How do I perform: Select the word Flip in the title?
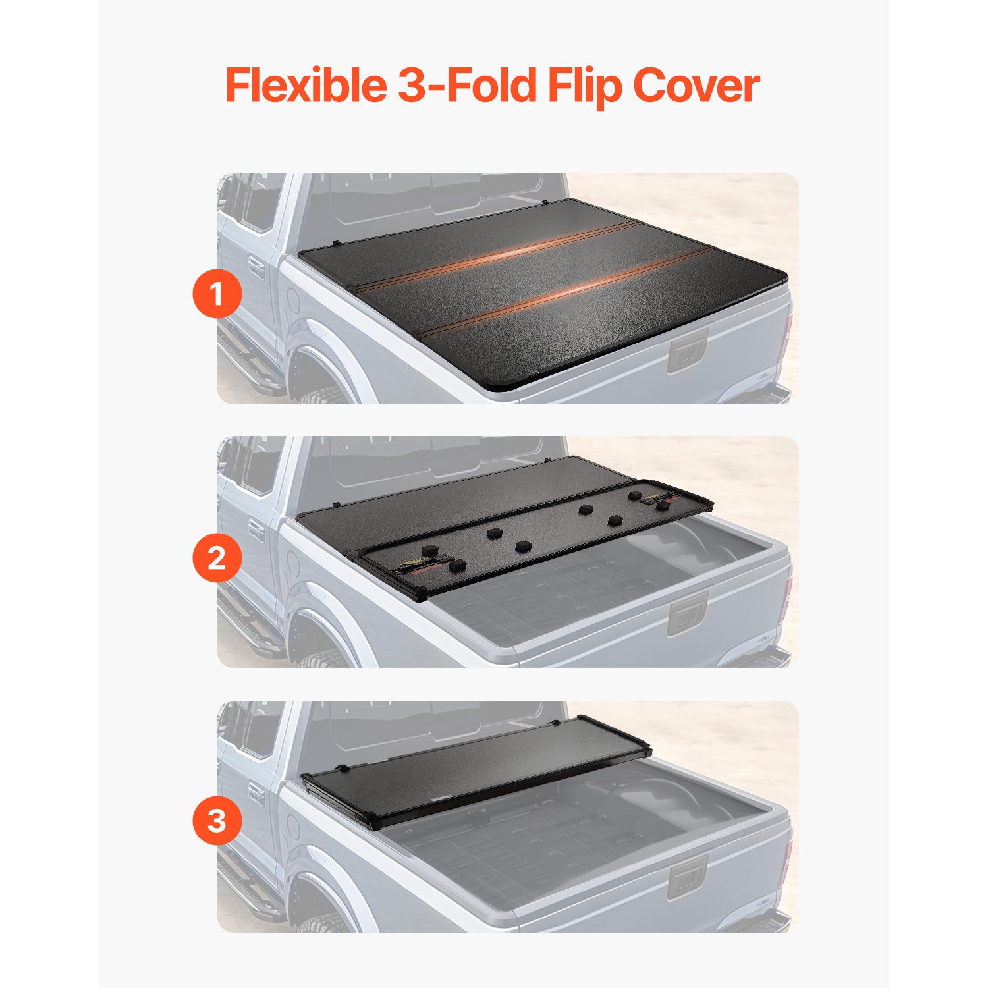[584, 86]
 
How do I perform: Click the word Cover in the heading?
[696, 85]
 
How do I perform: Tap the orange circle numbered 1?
[217, 294]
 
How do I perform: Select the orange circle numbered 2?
[217, 558]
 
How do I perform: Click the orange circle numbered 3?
[217, 821]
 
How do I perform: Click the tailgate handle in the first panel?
[688, 350]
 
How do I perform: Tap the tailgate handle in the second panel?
[688, 613]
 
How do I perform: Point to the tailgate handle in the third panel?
[688, 877]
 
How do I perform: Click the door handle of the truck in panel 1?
[256, 269]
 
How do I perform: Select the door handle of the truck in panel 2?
[256, 532]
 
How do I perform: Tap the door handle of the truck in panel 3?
[256, 796]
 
